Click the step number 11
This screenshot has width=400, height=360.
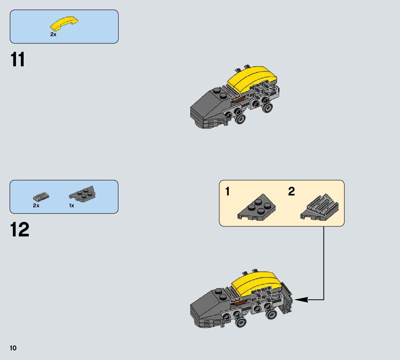pyautogui.click(x=18, y=60)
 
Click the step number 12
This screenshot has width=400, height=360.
pyautogui.click(x=20, y=230)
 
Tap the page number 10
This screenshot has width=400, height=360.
pyautogui.click(x=13, y=348)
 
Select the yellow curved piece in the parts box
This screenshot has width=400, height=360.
pyautogui.click(x=64, y=24)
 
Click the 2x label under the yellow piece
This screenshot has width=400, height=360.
pyautogui.click(x=53, y=34)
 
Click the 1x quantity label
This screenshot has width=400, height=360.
pyautogui.click(x=72, y=206)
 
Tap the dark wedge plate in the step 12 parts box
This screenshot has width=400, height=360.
pyautogui.click(x=83, y=194)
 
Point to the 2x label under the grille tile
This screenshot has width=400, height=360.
pyautogui.click(x=36, y=206)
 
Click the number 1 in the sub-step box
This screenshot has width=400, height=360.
pyautogui.click(x=228, y=191)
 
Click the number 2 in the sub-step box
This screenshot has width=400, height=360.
pyautogui.click(x=291, y=191)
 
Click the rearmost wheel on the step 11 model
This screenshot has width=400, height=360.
pyautogui.click(x=267, y=108)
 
